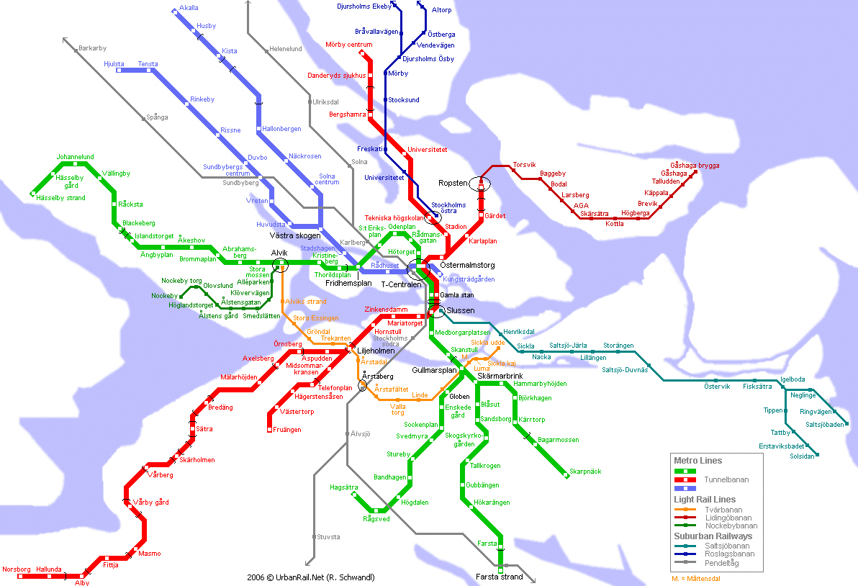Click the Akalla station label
(189, 8)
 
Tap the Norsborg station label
(16, 569)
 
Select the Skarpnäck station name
(584, 472)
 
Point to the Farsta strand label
(499, 577)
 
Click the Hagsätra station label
(343, 487)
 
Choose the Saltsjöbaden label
(824, 424)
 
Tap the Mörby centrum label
(348, 45)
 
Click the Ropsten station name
(453, 184)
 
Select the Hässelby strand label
(60, 198)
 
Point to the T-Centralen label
(402, 284)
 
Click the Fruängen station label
(287, 430)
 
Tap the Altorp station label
(441, 11)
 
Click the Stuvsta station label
(328, 536)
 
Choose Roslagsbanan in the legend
(729, 554)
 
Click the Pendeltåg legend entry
(721, 563)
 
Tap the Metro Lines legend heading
(697, 461)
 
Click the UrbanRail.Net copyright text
(310, 577)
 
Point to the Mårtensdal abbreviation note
(695, 578)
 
